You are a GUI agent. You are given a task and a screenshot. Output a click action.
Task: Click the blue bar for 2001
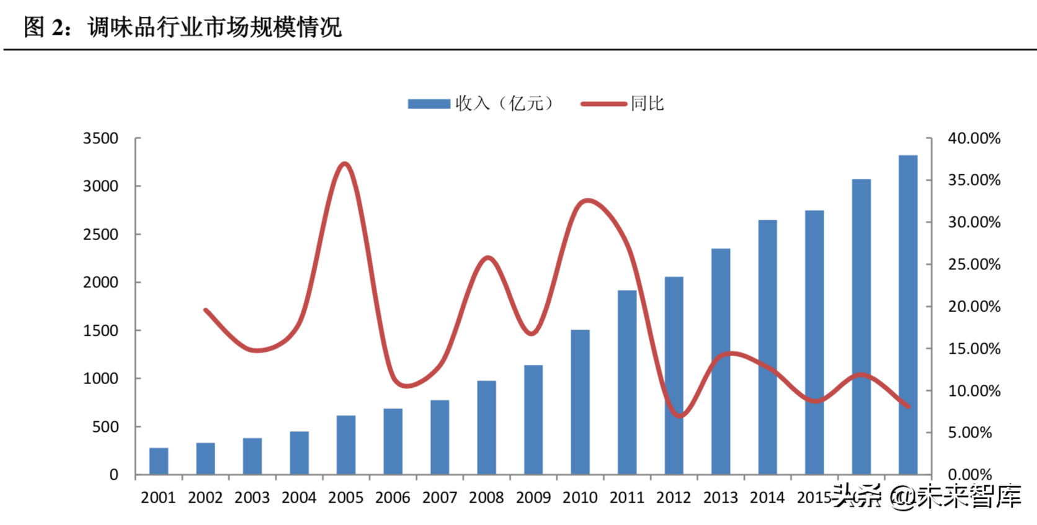(x=159, y=461)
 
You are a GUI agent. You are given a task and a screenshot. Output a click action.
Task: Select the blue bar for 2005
(x=346, y=445)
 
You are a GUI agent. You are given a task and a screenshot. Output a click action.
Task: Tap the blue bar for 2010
(x=580, y=402)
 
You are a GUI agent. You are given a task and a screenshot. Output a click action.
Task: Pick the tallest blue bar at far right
(x=907, y=315)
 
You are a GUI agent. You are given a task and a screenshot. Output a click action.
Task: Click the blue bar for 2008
(x=486, y=428)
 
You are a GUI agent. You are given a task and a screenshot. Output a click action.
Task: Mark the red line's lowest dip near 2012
(x=679, y=416)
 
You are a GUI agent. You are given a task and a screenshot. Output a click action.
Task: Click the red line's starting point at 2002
(x=205, y=310)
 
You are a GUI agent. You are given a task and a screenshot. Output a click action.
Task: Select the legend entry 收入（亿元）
(x=481, y=104)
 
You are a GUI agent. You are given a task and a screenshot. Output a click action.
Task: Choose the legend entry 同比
(x=623, y=104)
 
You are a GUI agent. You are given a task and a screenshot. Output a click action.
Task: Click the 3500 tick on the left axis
(x=100, y=138)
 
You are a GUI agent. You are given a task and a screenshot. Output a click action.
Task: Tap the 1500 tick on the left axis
(x=100, y=331)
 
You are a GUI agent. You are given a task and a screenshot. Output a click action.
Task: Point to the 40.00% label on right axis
(x=974, y=138)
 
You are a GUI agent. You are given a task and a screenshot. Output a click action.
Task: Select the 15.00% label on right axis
(x=974, y=349)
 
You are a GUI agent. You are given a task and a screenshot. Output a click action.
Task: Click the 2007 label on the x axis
(x=439, y=498)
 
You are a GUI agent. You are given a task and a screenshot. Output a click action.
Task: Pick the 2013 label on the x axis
(x=720, y=498)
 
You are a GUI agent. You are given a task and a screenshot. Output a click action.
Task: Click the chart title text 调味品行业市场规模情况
(x=215, y=27)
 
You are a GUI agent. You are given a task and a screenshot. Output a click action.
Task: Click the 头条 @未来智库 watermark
(x=927, y=496)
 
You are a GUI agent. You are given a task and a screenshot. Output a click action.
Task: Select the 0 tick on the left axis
(x=113, y=475)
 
